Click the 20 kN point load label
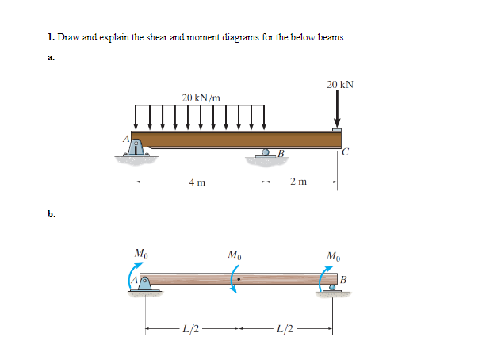pos(339,83)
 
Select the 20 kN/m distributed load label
pos(201,98)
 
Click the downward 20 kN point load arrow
pos(338,109)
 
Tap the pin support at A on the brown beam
pos(136,147)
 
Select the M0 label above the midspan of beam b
pos(235,255)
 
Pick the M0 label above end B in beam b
pos(334,255)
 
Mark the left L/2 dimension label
pos(191,329)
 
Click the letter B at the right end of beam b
pos(342,278)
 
